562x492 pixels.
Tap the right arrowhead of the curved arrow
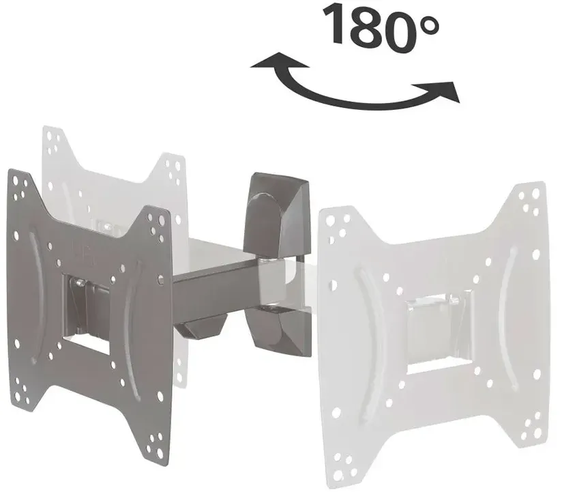click(439, 91)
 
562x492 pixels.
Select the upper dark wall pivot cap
click(276, 214)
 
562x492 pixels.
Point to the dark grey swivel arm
click(214, 291)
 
